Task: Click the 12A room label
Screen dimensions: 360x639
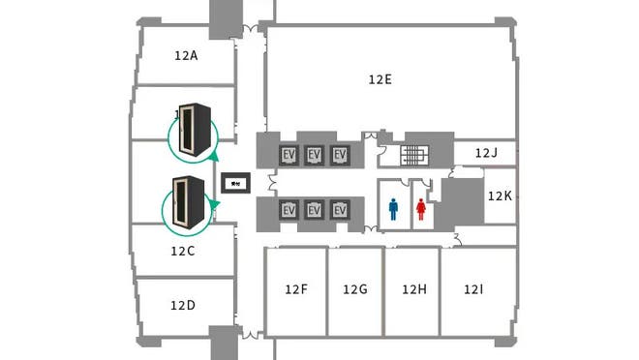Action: (x=186, y=56)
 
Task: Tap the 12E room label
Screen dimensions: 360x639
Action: (x=380, y=79)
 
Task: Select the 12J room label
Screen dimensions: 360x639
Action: (x=487, y=153)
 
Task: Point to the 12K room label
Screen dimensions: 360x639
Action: (x=500, y=195)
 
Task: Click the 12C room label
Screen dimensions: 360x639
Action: (x=183, y=252)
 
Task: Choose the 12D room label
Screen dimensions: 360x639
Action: (x=183, y=306)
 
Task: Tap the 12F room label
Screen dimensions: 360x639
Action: (x=296, y=289)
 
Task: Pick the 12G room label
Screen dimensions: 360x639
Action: (x=355, y=289)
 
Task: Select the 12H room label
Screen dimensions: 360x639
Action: (x=413, y=289)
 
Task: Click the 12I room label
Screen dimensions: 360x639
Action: (x=473, y=289)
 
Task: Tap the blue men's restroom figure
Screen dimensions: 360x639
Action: (x=394, y=209)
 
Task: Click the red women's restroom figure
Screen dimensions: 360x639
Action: (x=421, y=209)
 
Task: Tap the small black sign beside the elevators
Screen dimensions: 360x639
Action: (x=236, y=182)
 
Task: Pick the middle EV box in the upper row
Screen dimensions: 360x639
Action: (x=314, y=155)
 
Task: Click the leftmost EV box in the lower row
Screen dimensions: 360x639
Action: (x=289, y=210)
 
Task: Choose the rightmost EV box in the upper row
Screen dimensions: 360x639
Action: (x=339, y=155)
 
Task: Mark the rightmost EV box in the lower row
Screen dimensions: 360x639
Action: (x=339, y=210)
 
